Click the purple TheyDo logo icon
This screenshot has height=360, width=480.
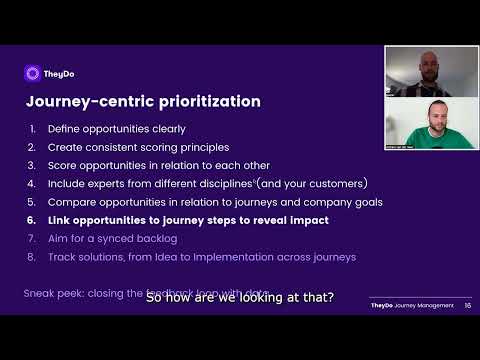click(31, 72)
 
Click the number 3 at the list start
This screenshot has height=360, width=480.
click(33, 165)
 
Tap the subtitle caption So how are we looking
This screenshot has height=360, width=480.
click(240, 297)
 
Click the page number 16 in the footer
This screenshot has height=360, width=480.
click(467, 306)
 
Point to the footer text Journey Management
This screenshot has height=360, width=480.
click(428, 306)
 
